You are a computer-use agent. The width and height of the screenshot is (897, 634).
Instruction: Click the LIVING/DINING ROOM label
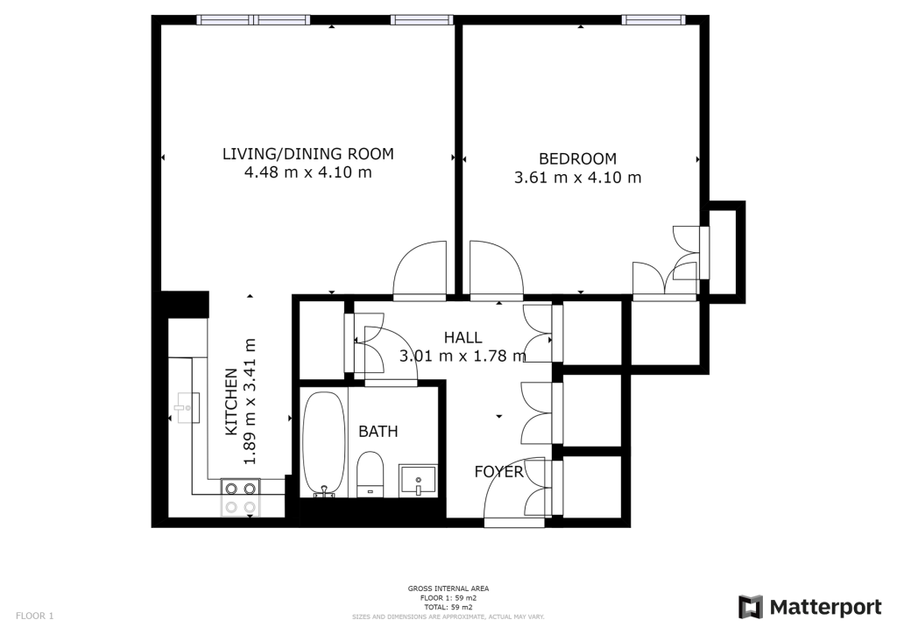pos(307,154)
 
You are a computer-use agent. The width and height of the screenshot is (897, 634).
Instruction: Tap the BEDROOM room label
pos(578,158)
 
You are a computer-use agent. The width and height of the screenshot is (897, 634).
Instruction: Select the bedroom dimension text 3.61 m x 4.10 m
pos(578,177)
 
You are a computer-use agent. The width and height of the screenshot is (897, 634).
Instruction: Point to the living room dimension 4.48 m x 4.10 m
pos(307,173)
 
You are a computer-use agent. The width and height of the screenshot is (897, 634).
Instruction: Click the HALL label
pos(463,337)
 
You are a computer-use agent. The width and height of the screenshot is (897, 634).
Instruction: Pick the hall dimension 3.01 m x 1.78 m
pos(463,356)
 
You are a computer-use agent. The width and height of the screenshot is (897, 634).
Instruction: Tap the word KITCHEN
pos(231,402)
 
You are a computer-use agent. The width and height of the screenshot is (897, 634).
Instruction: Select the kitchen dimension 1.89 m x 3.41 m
pos(250,401)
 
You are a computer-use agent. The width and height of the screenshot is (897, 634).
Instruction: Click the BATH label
pos(378,431)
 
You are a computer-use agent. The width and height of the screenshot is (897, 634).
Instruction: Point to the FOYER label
pos(498,472)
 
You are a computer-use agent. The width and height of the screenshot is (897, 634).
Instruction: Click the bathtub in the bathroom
pos(324,444)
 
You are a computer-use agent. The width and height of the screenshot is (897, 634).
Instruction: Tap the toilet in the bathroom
pos(371,474)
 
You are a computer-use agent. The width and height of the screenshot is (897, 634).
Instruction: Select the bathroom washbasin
pos(418,480)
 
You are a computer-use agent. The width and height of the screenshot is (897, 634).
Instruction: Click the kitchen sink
pos(187,407)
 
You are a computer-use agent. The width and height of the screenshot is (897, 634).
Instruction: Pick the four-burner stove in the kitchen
pos(240,497)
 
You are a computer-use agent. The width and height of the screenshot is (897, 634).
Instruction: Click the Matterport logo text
pos(825,607)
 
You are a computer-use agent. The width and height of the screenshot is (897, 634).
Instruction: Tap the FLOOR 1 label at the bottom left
pos(34,616)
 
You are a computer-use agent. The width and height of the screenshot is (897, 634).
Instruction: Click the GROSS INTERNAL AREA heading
pos(448,588)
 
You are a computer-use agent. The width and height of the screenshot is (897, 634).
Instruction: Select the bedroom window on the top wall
pos(653,20)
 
